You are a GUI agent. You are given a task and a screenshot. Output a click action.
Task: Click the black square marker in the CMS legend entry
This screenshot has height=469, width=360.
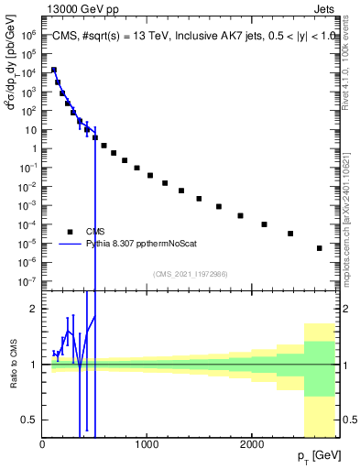click(70, 232)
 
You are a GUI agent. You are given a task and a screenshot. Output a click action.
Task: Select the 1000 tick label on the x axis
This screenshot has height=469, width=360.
click(147, 443)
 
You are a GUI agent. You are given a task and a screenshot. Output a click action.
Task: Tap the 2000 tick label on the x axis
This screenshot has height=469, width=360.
click(252, 443)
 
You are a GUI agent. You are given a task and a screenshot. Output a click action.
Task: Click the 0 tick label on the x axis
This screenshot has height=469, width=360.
click(43, 443)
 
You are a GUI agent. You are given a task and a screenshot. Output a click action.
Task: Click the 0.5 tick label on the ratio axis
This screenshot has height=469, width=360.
click(29, 420)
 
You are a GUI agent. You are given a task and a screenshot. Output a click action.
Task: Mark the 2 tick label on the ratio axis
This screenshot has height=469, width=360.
click(33, 309)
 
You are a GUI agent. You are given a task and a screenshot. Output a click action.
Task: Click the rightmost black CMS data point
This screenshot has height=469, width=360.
click(319, 248)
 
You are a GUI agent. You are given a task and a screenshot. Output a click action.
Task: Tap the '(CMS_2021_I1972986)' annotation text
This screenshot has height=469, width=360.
click(190, 274)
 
